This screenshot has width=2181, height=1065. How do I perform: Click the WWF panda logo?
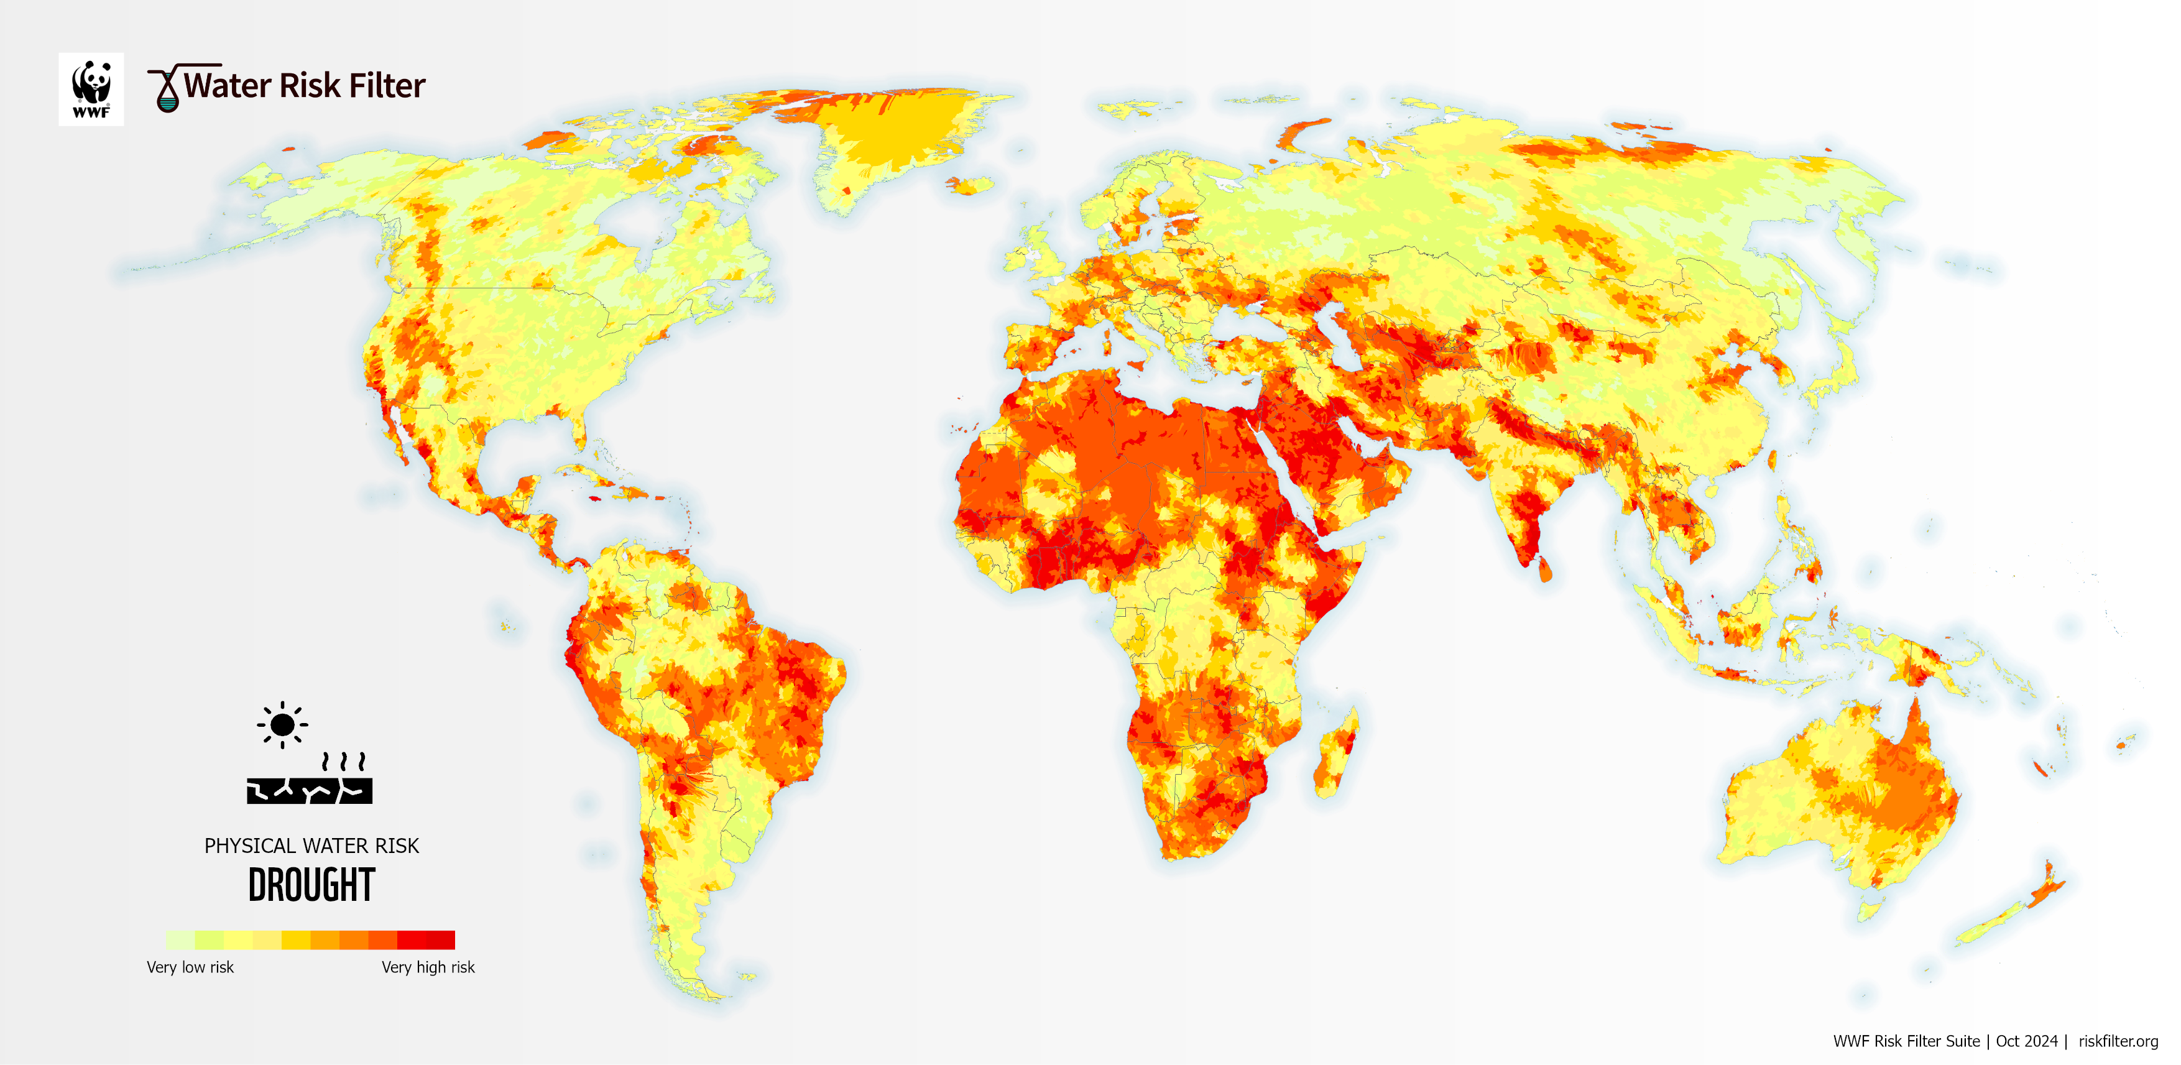pos(91,89)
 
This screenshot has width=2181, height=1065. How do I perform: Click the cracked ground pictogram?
pos(310,789)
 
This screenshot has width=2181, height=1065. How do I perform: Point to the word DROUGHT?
pos(311,885)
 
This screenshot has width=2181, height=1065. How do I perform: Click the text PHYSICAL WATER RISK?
pos(311,846)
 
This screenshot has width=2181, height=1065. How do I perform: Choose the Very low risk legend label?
pos(190,967)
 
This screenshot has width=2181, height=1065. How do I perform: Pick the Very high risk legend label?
pos(428,967)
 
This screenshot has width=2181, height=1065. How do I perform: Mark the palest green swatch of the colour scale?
pos(180,939)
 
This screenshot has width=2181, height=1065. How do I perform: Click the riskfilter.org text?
pos(2118,1041)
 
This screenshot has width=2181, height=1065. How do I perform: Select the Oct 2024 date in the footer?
pos(2026,1041)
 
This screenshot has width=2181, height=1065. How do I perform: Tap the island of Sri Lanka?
pos(1544,571)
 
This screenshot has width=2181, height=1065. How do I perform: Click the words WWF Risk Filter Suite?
pos(1906,1041)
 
